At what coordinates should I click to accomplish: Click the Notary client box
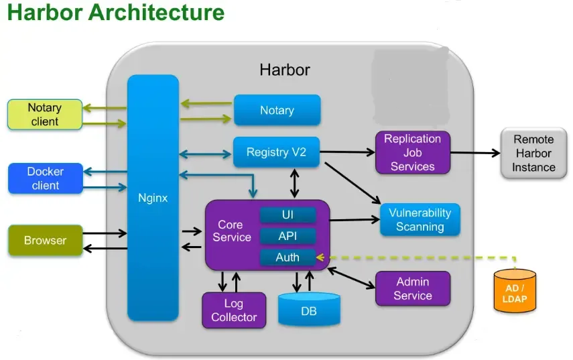click(44, 115)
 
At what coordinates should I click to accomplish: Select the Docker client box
click(45, 178)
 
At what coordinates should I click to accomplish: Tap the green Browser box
click(45, 241)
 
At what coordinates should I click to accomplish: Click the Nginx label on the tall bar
click(153, 198)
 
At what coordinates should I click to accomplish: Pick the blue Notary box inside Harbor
click(277, 111)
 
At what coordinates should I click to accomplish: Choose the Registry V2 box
click(276, 152)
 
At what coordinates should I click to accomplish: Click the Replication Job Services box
click(412, 153)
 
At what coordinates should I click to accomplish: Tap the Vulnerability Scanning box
click(420, 220)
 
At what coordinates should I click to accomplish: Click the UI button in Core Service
click(288, 215)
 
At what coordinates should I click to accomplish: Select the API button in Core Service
click(288, 236)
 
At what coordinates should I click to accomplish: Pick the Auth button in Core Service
click(288, 257)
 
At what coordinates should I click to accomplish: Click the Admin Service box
click(412, 289)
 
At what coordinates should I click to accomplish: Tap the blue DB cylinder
click(309, 311)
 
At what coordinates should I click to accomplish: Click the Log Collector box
click(234, 310)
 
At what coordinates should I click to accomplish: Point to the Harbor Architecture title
click(115, 13)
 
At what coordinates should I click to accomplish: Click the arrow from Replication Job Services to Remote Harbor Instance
click(475, 153)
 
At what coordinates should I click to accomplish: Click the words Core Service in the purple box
click(232, 231)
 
